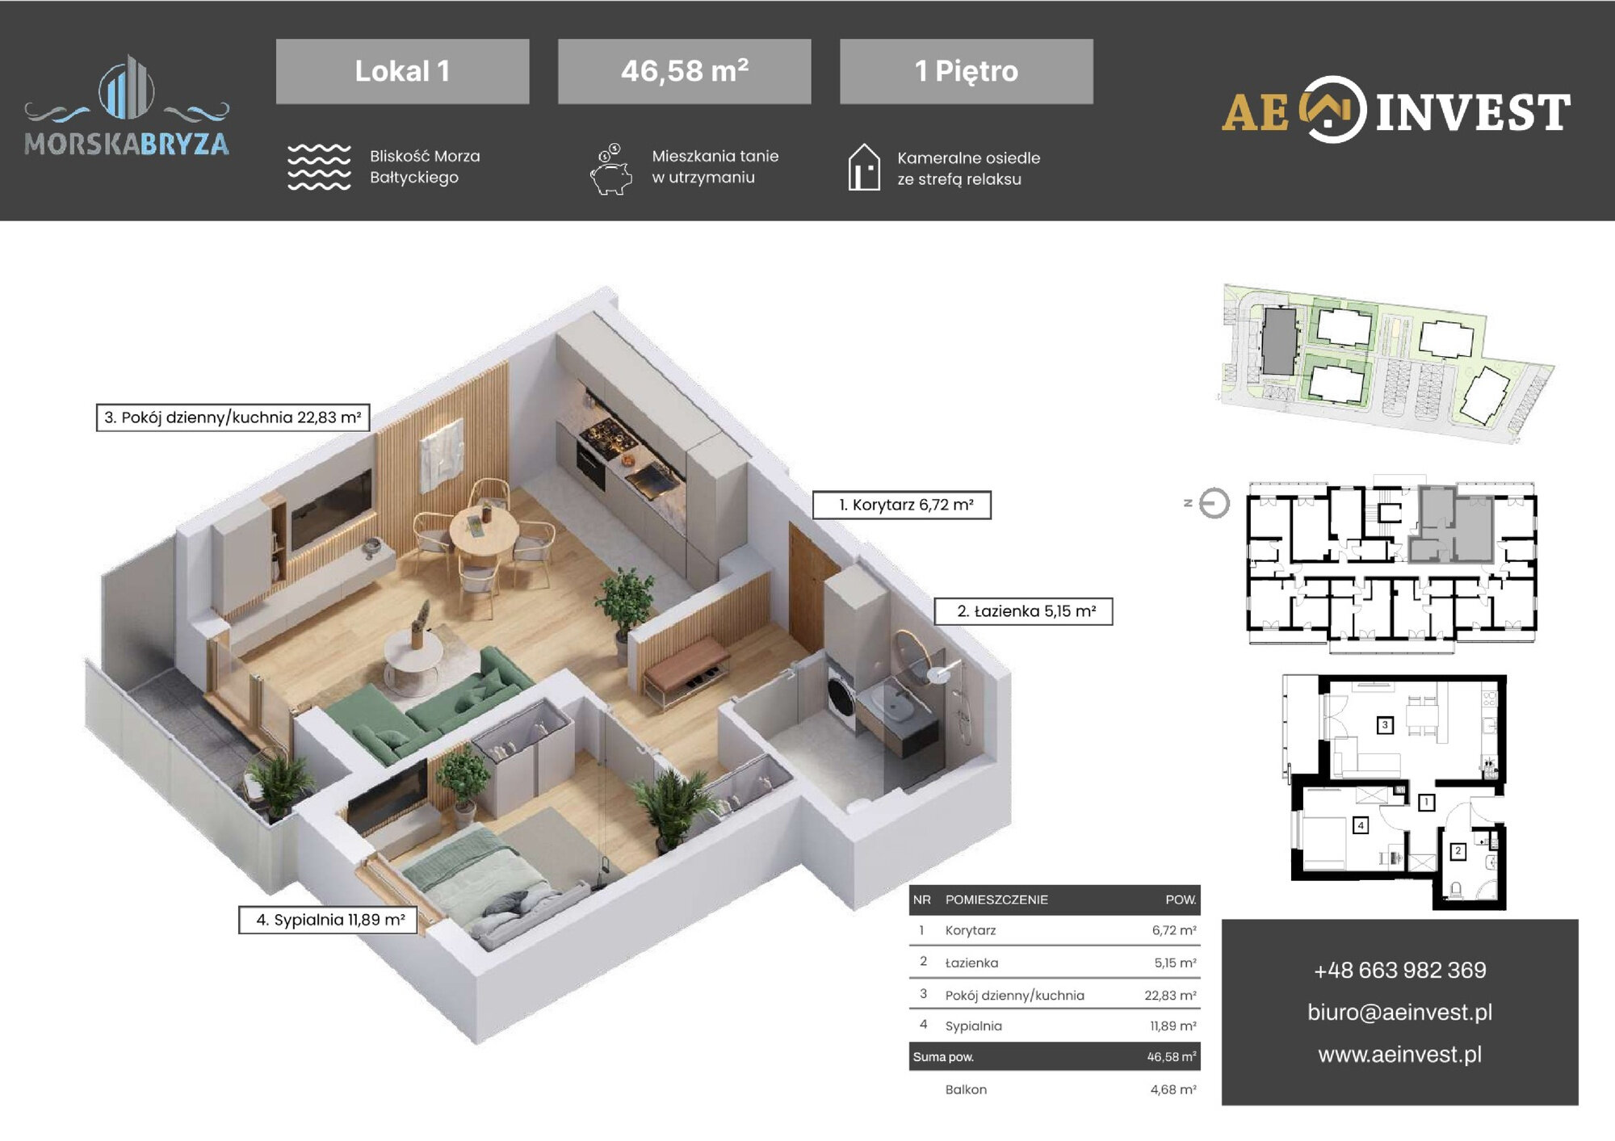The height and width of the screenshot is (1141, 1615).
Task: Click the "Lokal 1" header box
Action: [402, 71]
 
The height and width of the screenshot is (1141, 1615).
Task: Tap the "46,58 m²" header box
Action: [684, 71]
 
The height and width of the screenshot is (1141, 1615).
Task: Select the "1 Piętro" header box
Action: [967, 71]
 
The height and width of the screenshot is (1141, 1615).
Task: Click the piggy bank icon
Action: [611, 170]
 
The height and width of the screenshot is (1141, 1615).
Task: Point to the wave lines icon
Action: [320, 167]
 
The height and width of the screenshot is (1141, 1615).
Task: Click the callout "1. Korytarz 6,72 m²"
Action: [901, 505]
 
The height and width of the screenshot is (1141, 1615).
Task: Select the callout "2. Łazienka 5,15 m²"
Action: [1023, 611]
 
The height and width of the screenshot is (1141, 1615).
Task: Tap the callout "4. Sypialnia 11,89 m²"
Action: [328, 920]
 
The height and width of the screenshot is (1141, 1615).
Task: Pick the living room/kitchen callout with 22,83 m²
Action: [233, 417]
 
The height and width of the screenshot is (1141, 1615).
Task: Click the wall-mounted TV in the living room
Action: [331, 509]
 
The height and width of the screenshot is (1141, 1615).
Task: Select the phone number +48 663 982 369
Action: [1399, 970]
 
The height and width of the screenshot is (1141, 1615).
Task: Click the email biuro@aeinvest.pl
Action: [1399, 1012]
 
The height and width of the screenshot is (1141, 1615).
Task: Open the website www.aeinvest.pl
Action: [1399, 1054]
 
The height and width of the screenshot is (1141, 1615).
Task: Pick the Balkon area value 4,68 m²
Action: [1173, 1089]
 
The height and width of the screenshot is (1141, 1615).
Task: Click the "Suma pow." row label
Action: [943, 1057]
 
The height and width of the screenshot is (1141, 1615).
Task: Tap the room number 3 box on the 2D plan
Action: [1384, 725]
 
